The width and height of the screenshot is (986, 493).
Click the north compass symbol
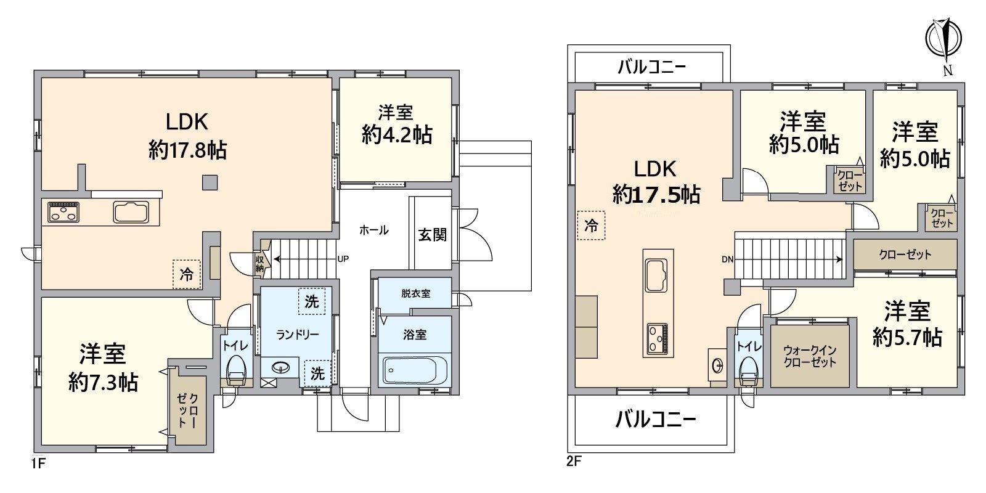tap(943, 39)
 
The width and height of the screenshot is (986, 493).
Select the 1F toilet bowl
tap(236, 370)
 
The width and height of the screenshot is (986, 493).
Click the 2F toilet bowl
tap(749, 370)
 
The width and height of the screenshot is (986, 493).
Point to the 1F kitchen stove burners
tap(63, 212)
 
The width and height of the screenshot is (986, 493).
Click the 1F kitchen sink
tap(131, 212)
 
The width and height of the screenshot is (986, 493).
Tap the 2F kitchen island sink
tap(656, 275)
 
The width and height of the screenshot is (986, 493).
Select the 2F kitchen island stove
tap(657, 338)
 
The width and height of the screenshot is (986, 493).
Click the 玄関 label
tap(432, 235)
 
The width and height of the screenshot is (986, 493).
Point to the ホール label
tap(373, 230)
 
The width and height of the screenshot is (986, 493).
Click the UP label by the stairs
tap(343, 259)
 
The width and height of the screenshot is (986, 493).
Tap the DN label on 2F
tap(728, 259)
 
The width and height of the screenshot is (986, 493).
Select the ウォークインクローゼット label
tap(810, 357)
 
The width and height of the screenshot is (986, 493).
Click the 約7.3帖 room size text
tap(104, 382)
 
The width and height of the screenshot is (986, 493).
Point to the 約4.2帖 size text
tap(397, 134)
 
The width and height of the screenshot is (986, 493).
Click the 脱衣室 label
tap(415, 293)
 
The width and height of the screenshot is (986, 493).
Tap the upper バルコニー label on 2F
tap(652, 67)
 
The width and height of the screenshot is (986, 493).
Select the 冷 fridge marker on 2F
tap(591, 226)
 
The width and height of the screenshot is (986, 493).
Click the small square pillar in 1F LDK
tap(210, 182)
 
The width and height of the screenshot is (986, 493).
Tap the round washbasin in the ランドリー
tap(280, 367)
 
